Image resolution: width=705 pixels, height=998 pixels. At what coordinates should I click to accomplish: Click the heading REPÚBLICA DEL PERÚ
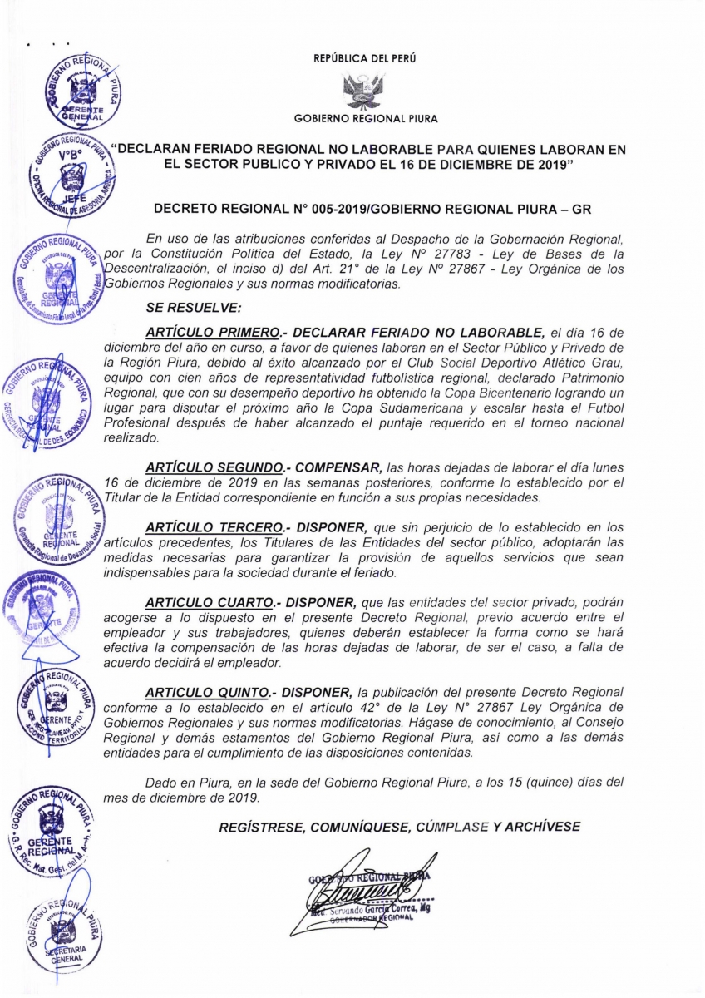(x=365, y=59)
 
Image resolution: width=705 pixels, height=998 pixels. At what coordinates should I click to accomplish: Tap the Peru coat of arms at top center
(x=363, y=91)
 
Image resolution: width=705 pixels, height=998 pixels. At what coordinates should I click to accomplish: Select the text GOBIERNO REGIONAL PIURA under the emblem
(x=366, y=119)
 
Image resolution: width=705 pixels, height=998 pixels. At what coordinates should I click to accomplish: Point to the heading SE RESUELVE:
(x=193, y=307)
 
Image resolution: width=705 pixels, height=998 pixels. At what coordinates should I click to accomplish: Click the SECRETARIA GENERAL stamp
(x=64, y=934)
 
